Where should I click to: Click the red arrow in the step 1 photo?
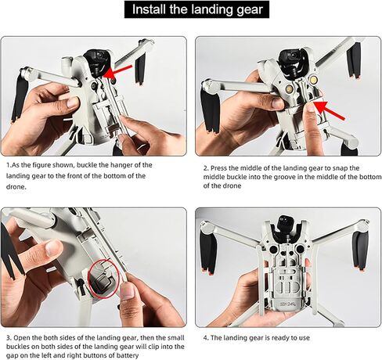(119, 72)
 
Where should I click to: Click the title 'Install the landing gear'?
(190, 10)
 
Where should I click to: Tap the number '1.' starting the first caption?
(9, 165)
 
